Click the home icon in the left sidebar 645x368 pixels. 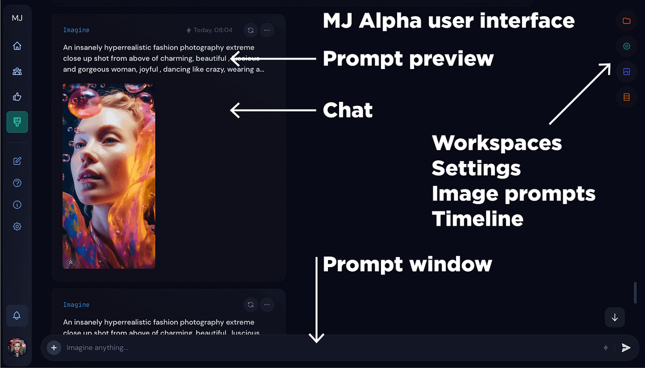coord(17,46)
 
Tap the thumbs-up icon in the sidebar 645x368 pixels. coord(17,97)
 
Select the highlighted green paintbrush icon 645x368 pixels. coord(17,122)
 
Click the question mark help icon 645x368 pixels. coord(17,183)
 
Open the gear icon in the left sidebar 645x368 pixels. coord(17,227)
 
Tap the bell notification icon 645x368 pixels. coord(17,316)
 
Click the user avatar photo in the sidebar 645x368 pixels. coord(17,347)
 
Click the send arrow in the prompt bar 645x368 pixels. coord(626,348)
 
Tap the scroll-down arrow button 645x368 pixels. coord(615,318)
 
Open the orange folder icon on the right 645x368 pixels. coord(626,21)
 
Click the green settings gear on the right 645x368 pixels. coord(626,46)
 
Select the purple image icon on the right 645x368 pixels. coord(626,72)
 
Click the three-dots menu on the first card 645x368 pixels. coord(267,30)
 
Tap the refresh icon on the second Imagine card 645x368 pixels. coord(250,304)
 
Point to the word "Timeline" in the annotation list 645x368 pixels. coord(478,219)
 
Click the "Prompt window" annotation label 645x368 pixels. coord(407,264)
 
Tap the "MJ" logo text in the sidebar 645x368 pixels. coord(17,18)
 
